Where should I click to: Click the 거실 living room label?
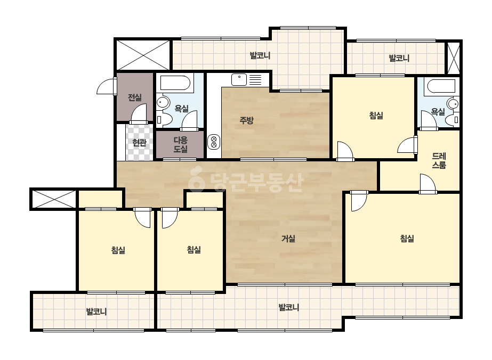[x=288, y=239]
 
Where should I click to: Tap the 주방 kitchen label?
[x=246, y=120]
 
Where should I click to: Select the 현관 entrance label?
[x=139, y=143]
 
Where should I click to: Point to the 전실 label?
[x=135, y=97]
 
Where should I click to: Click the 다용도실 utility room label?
[x=180, y=144]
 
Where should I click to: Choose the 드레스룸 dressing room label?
[x=439, y=160]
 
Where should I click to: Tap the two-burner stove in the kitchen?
[x=214, y=142]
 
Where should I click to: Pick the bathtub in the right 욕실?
[x=440, y=86]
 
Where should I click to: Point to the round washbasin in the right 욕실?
[x=453, y=104]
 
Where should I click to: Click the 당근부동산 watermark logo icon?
[x=196, y=179]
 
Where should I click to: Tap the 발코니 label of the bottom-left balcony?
[x=96, y=312]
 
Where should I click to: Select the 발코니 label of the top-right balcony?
[x=399, y=58]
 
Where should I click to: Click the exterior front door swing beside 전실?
[x=106, y=86]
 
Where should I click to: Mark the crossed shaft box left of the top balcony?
[x=143, y=55]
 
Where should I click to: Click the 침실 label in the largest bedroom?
[x=407, y=239]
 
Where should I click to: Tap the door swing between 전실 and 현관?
[x=139, y=113]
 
